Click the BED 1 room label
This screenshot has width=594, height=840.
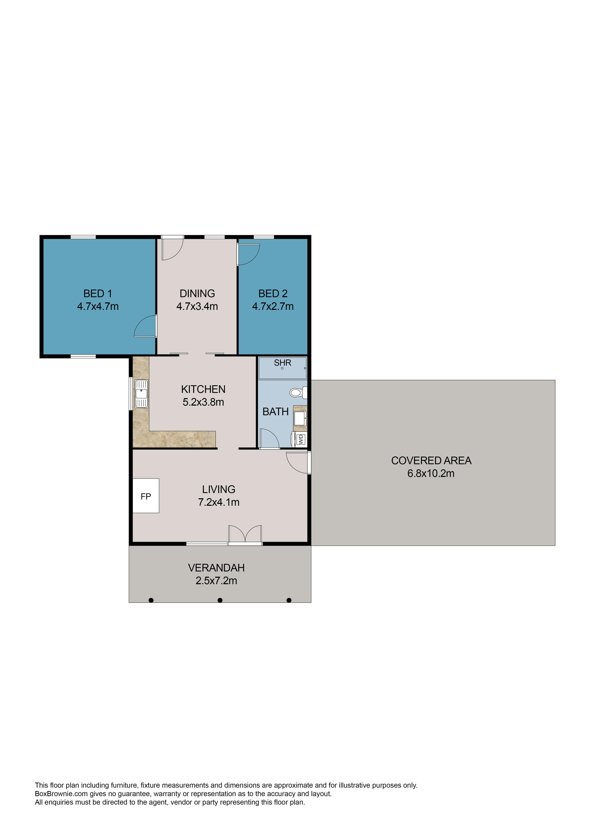(98, 293)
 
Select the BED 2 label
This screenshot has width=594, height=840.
(273, 293)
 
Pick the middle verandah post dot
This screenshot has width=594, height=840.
(220, 600)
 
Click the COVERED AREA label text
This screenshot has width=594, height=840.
(431, 461)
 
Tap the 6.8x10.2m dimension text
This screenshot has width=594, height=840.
(431, 473)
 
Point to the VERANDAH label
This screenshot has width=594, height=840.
(216, 568)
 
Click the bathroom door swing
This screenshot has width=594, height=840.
(270, 438)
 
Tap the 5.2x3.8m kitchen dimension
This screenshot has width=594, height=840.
(203, 402)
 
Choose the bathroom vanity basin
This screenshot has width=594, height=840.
(300, 418)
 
